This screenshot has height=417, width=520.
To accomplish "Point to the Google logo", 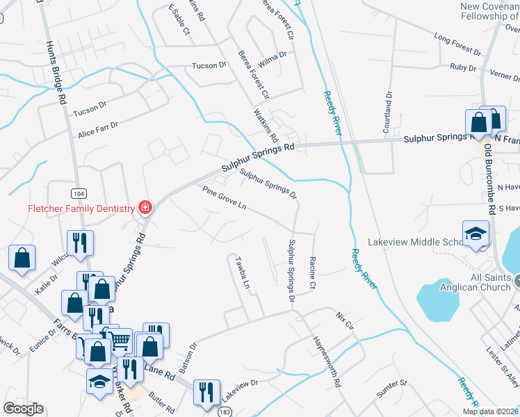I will point(24,409).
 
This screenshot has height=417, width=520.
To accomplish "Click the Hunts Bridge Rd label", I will point(56,72).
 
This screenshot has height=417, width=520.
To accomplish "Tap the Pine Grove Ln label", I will point(225,197).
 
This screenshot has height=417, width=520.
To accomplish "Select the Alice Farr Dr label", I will point(97,128).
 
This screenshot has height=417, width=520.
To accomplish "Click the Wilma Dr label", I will point(273,54).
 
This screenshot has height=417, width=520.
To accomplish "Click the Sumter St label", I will point(393,383).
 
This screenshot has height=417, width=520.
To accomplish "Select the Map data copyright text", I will point(491,411).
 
